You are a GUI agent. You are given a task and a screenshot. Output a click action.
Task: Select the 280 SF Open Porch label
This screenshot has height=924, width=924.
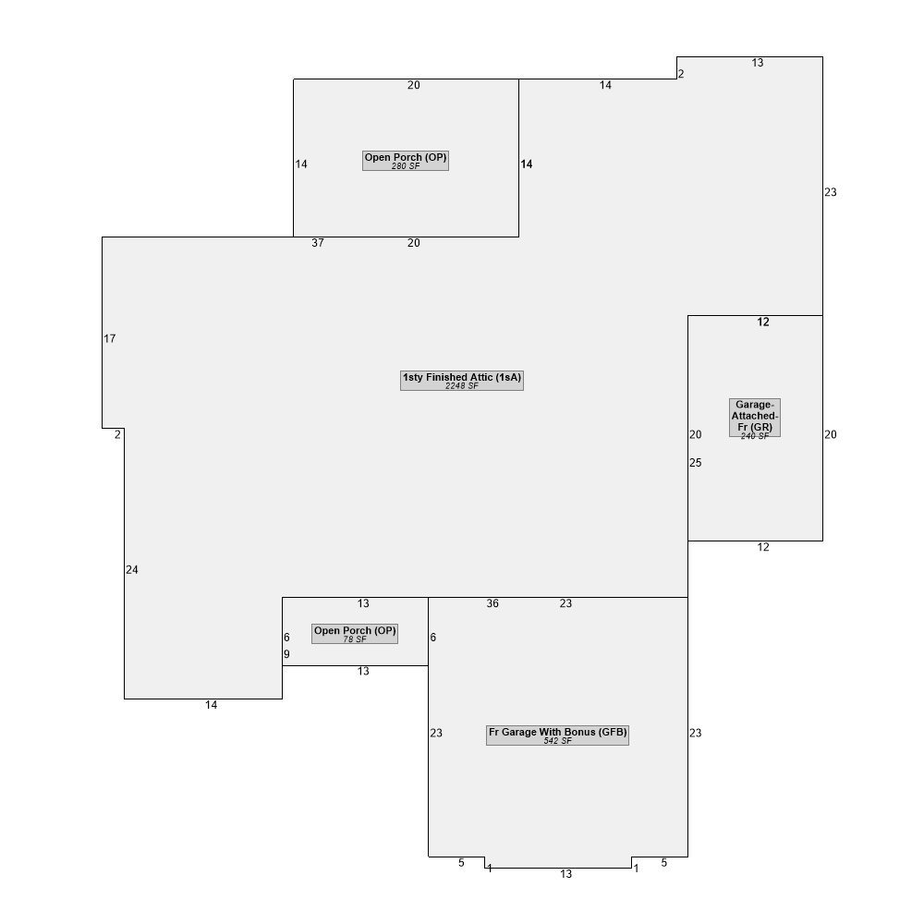[x=406, y=161]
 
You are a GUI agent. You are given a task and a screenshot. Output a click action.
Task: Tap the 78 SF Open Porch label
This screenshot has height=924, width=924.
[x=355, y=634]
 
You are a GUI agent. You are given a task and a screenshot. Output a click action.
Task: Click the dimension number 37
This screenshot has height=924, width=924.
[x=318, y=243]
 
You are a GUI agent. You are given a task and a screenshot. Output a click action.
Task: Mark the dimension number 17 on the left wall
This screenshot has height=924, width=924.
[x=110, y=339]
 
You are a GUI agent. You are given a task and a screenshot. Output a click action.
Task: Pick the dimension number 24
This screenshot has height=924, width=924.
[x=132, y=570]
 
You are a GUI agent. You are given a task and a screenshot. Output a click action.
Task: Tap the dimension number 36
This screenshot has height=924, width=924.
[x=492, y=603]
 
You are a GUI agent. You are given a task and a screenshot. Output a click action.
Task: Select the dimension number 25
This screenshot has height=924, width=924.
[x=696, y=463]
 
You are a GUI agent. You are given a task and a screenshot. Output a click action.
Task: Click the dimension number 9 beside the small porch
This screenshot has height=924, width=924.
[x=287, y=655]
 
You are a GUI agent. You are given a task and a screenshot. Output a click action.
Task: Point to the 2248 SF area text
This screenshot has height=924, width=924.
[x=462, y=386]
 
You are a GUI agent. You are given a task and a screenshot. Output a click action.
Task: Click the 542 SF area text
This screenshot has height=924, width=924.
[x=557, y=741]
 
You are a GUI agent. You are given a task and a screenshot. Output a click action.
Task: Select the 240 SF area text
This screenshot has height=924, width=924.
[x=755, y=436]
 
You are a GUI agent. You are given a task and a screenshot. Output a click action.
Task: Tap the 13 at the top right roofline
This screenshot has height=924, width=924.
[x=758, y=63]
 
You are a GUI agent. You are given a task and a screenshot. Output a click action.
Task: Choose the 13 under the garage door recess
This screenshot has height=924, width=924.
[x=566, y=874]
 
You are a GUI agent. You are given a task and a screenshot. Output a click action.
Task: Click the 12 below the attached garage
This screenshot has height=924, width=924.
[x=764, y=547]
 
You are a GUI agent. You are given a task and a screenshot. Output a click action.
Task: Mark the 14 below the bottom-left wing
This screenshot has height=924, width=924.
[x=212, y=705]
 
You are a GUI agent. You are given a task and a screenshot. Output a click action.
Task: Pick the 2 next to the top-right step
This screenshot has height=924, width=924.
[x=681, y=74]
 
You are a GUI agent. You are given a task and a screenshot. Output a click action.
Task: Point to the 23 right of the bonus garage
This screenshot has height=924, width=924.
[x=696, y=733]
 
